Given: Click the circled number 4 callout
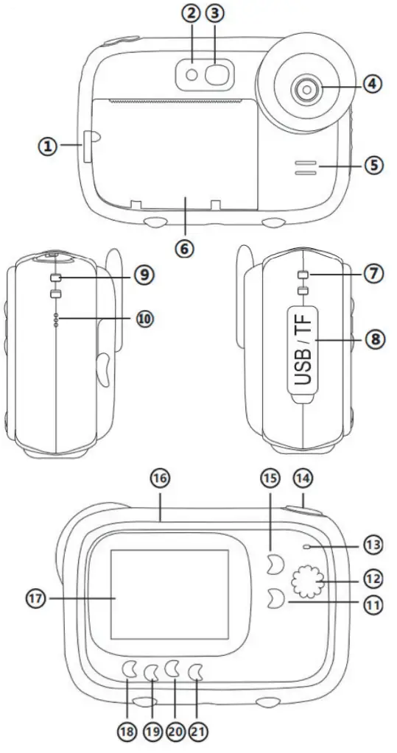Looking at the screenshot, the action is click(373, 85).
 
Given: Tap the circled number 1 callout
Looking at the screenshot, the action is click(47, 146).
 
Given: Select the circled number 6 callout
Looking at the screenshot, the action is click(185, 249).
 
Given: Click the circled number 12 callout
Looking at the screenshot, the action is click(373, 579).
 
